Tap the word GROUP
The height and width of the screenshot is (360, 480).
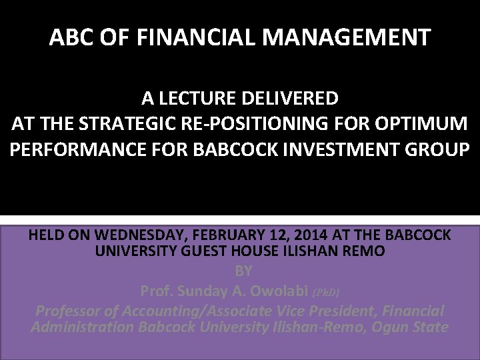tap(440, 149)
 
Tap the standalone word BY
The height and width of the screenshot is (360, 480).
tap(243, 271)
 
